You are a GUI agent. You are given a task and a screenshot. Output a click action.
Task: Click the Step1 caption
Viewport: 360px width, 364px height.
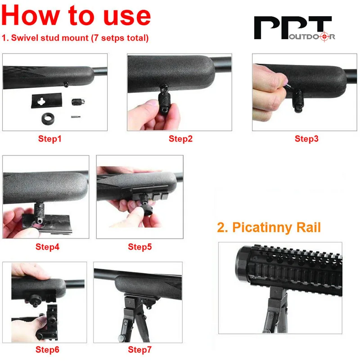click(50, 139)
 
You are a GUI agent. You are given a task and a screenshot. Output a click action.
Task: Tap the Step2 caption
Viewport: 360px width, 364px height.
click(181, 139)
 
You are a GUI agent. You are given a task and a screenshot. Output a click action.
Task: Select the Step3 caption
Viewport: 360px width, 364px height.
click(306, 139)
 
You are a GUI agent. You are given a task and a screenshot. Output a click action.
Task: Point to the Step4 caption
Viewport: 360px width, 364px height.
click(47, 246)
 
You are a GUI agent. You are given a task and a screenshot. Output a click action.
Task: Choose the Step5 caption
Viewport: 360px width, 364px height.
click(140, 246)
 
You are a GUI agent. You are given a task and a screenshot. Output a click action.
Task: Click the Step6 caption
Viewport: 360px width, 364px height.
click(47, 350)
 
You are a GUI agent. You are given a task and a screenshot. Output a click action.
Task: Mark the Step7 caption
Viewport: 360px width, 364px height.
click(140, 350)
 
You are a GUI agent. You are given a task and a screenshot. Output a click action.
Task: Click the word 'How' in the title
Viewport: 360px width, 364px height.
click(31, 15)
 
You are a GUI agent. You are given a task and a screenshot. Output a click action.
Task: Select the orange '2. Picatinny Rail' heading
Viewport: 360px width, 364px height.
click(269, 227)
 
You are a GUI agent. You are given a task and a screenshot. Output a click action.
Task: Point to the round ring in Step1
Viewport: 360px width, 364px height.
click(48, 119)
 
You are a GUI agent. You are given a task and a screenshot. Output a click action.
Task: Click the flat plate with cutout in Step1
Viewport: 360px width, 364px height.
click(47, 100)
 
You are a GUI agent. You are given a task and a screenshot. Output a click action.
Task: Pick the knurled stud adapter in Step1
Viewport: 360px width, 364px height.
click(78, 102)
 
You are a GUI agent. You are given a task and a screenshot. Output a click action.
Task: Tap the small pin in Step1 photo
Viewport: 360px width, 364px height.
click(76, 117)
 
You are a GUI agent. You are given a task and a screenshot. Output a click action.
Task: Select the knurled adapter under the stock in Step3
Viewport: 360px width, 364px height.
click(297, 100)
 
